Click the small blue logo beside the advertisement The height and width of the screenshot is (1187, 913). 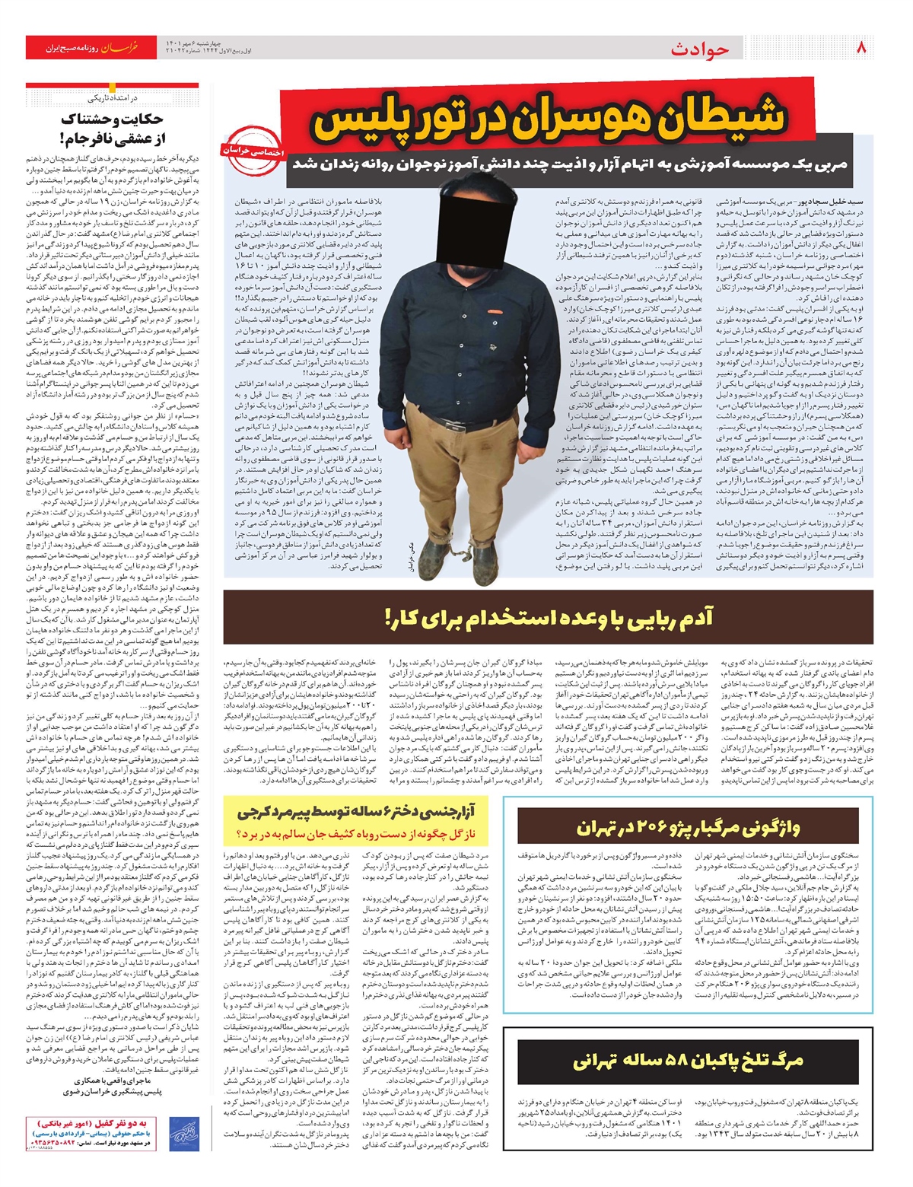click(180, 1130)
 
